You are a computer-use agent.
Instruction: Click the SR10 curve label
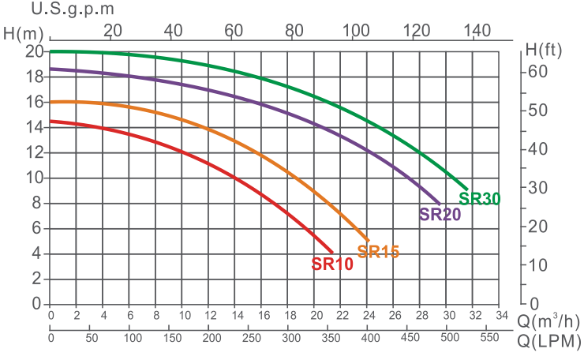click(x=332, y=264)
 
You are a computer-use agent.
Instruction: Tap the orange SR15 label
click(x=378, y=252)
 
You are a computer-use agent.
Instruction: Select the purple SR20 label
click(x=440, y=214)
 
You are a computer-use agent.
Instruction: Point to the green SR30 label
click(x=480, y=199)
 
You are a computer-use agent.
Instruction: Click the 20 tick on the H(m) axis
click(x=34, y=52)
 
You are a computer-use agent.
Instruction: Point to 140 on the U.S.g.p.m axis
click(x=477, y=31)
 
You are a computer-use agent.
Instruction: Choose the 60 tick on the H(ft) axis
click(x=537, y=71)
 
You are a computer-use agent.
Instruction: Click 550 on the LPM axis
click(x=490, y=338)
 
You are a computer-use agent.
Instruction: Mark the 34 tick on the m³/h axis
click(x=499, y=316)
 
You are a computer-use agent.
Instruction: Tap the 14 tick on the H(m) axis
click(x=34, y=127)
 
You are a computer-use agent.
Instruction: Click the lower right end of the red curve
click(x=332, y=251)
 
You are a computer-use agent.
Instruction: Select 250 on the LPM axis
click(x=251, y=338)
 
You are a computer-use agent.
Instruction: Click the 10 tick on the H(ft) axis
click(x=537, y=265)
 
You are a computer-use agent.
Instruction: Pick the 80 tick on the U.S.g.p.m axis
click(x=294, y=31)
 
